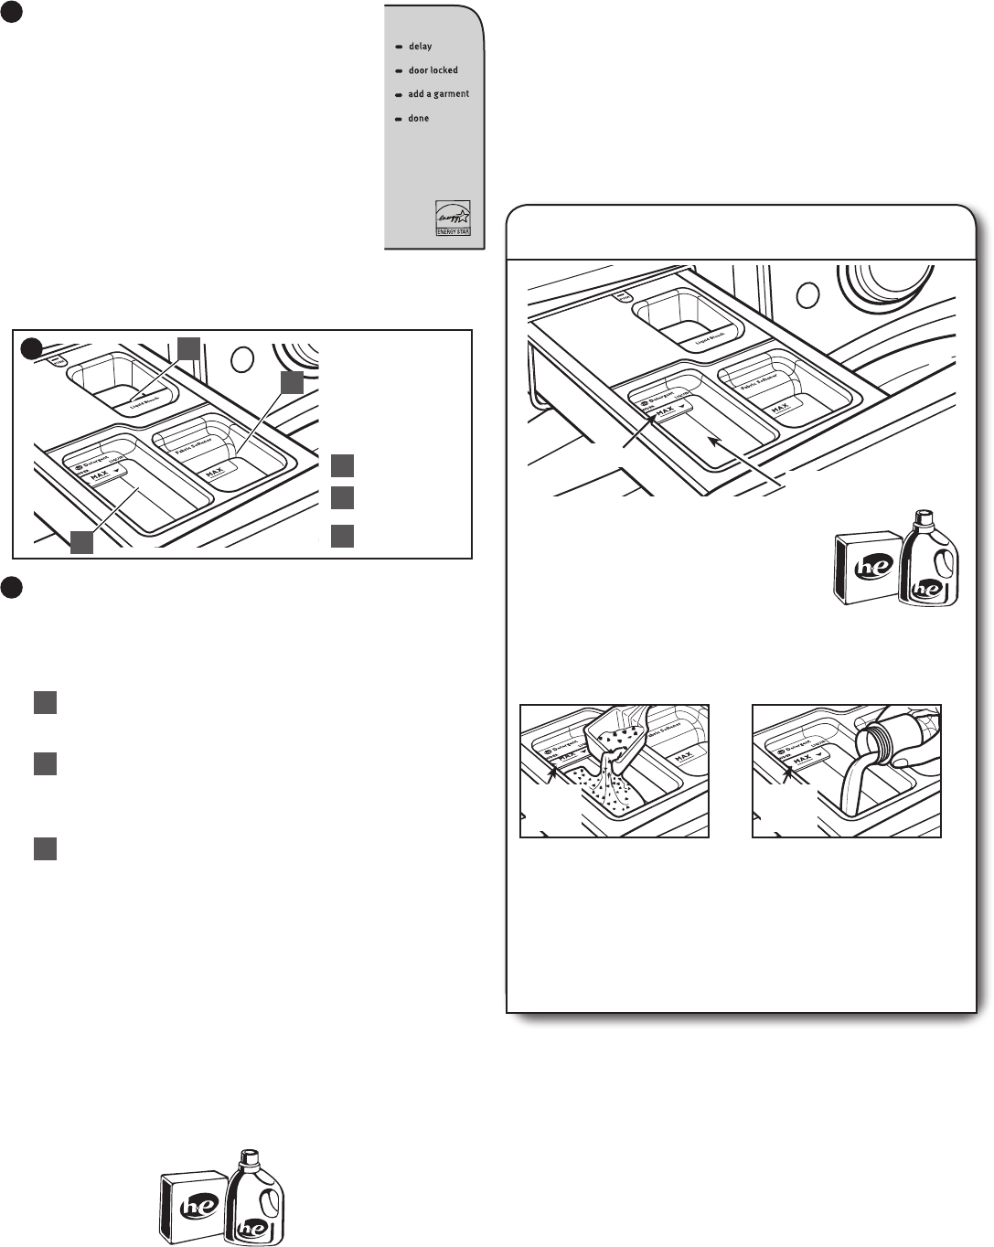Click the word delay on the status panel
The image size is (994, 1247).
pos(420,47)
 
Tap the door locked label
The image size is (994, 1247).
pos(433,70)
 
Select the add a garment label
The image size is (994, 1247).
pos(438,94)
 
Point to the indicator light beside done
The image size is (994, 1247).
pos(399,119)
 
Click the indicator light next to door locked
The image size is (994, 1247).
pos(399,70)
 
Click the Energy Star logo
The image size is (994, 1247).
pos(453,218)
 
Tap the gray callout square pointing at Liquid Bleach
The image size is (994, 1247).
pos(188,347)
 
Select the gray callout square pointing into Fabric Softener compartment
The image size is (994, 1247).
pos(292,382)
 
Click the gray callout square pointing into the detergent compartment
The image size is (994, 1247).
pos(81,542)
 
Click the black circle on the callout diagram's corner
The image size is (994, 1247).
pos(31,347)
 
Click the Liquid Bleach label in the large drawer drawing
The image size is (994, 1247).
pos(711,339)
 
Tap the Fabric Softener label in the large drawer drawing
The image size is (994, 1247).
pos(757,377)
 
